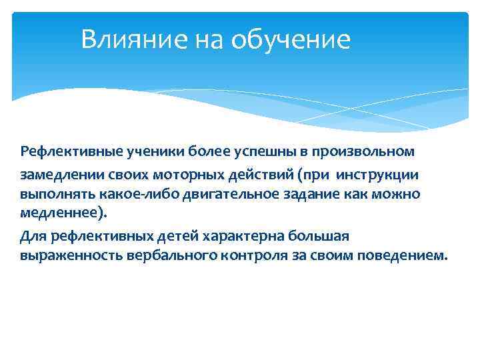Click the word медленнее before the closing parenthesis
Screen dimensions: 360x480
(x=59, y=215)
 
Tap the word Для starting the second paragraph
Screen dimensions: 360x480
(x=31, y=235)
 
